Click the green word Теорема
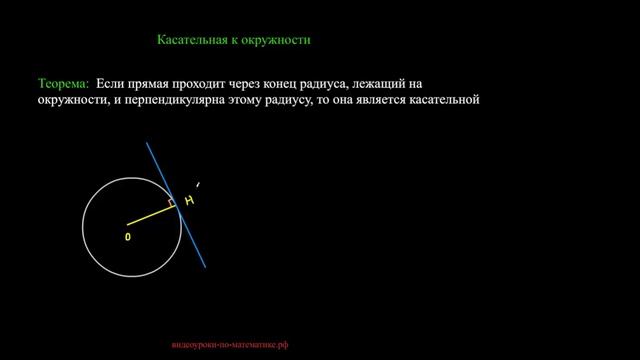(63, 84)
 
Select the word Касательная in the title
(194, 41)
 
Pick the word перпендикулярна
(170, 100)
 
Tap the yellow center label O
(128, 237)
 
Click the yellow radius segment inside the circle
(149, 214)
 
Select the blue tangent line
(190, 231)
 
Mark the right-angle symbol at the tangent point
(170, 203)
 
